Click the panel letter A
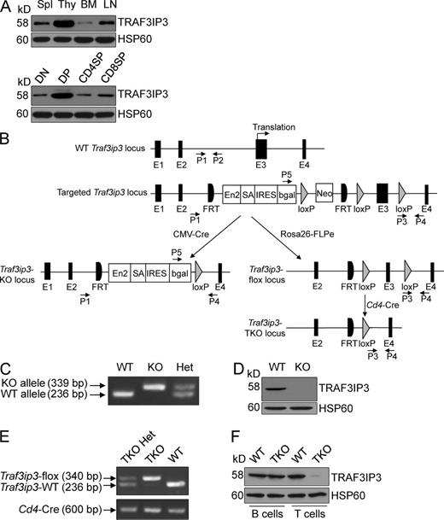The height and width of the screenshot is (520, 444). coord(8,8)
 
